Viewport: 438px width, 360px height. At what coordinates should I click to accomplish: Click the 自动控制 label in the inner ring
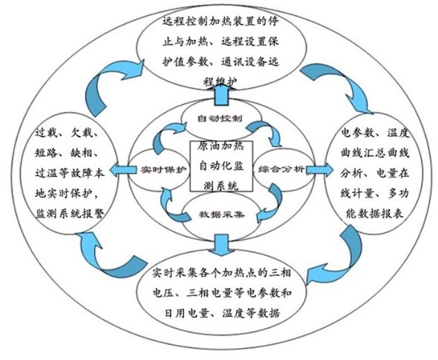(x=220, y=119)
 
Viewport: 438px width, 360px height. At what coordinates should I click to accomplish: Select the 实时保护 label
(x=163, y=169)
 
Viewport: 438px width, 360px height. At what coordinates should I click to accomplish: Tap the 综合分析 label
(x=281, y=169)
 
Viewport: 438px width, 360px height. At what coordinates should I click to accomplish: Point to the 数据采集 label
(x=221, y=215)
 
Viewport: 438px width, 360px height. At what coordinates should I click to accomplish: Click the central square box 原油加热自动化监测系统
(x=221, y=166)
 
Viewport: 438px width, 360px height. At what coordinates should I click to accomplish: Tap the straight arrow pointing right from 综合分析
(x=319, y=169)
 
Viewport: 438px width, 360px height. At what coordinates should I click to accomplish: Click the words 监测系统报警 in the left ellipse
(x=70, y=214)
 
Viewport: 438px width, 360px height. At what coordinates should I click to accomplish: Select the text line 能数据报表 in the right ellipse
(x=375, y=214)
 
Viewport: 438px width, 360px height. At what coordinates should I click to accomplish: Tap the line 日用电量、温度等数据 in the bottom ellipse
(x=222, y=312)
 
